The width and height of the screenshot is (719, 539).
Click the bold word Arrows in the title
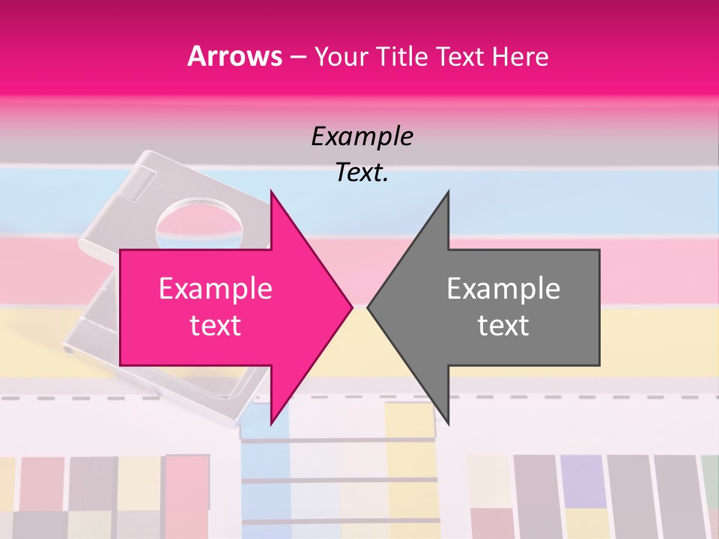(x=235, y=56)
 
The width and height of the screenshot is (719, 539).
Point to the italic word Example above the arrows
(x=362, y=136)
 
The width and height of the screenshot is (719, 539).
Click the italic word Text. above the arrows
(x=362, y=172)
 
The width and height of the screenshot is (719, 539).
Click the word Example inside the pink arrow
(x=216, y=289)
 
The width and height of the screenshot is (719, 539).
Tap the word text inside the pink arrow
(x=216, y=326)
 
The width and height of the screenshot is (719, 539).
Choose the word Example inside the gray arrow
(x=503, y=289)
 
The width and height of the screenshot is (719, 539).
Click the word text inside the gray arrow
(x=503, y=326)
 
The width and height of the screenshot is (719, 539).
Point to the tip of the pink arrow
(x=351, y=307)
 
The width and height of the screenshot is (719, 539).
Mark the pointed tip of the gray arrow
(x=369, y=307)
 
